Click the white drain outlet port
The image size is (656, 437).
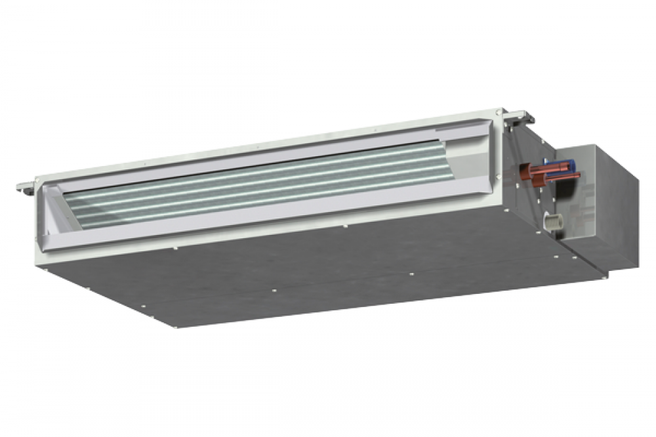[554, 222]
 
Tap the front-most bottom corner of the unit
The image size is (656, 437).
[177, 326]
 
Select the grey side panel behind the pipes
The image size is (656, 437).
[525, 203]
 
